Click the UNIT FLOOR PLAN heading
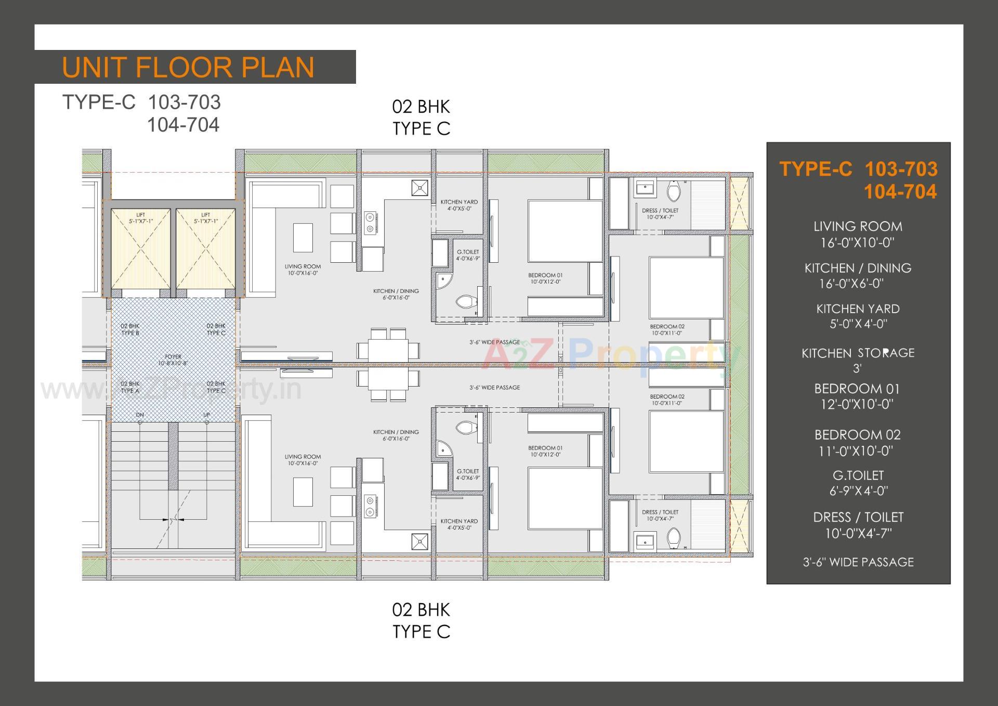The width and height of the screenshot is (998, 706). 188,68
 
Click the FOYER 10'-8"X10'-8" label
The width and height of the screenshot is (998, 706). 173,360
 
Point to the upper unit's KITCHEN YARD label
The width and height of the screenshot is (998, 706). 459,205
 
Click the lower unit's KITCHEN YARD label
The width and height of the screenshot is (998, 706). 459,524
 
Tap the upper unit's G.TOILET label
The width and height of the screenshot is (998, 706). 468,255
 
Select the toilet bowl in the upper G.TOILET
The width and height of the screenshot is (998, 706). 466,301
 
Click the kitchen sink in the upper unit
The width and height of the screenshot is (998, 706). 420,188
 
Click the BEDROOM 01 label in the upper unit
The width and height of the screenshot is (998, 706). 545,278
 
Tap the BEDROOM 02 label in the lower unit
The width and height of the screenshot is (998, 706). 667,400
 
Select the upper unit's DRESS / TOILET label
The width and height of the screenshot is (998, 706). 660,213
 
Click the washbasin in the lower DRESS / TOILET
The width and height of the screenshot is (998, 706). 645,542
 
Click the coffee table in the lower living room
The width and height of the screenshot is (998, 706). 303,492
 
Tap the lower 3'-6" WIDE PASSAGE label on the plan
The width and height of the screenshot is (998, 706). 494,388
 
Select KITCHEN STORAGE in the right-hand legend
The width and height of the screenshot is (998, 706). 858,353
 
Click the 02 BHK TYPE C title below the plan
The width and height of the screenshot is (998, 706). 421,620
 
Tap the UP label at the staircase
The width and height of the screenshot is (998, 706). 206,415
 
